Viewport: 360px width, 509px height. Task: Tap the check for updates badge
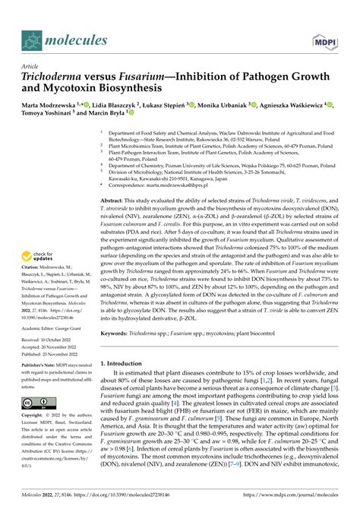tap(41, 215)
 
